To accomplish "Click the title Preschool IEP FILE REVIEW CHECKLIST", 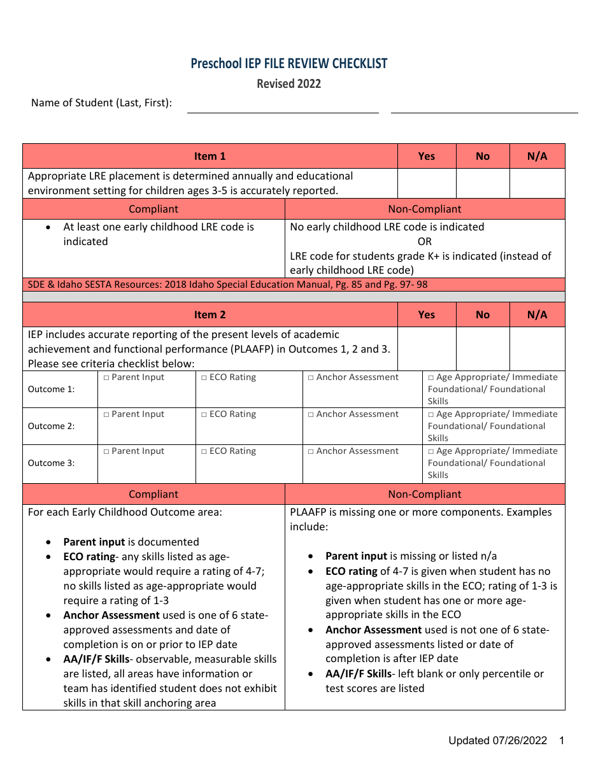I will click(288, 63).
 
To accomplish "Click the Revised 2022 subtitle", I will click(288, 83).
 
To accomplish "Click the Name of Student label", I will click(101, 102).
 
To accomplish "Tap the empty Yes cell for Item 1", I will click(427, 183).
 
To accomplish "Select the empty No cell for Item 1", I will click(483, 183).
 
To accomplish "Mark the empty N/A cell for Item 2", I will click(537, 349).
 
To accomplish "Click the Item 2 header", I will click(210, 314).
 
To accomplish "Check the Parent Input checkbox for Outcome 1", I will click(106, 377).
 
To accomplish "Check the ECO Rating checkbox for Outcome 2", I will click(204, 414).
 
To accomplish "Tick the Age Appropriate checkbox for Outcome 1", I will click(431, 377).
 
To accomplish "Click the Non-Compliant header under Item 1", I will click(424, 209).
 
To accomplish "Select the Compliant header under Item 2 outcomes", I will click(153, 494).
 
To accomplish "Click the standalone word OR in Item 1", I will click(424, 241).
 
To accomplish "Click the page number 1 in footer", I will click(561, 740).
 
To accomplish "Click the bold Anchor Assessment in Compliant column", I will click(111, 615).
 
